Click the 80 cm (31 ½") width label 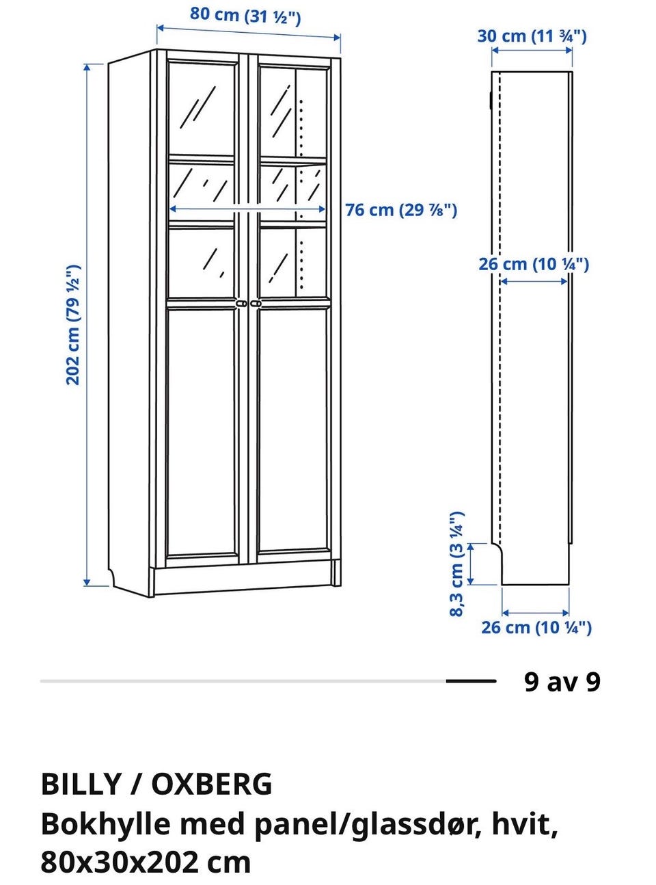(x=245, y=16)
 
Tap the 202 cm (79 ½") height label (x=73, y=324)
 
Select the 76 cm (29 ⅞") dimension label (x=401, y=210)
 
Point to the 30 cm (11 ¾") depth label (x=532, y=36)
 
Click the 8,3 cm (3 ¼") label (x=456, y=564)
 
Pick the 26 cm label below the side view (x=536, y=628)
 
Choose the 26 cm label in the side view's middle (x=534, y=264)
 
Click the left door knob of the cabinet (x=241, y=304)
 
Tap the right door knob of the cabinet (x=256, y=304)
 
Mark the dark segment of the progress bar (x=471, y=681)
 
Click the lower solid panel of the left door (x=202, y=432)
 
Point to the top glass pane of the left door (x=202, y=108)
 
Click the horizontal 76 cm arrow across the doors (x=247, y=209)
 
